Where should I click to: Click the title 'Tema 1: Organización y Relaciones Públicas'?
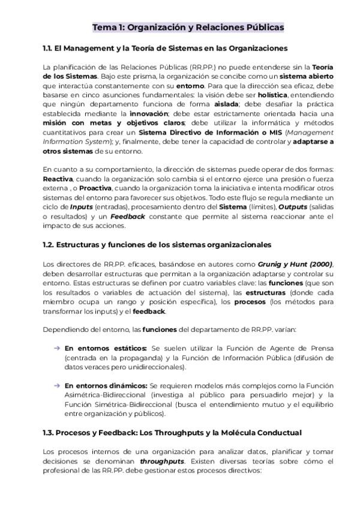(x=188, y=28)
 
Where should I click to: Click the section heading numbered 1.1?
(x=165, y=48)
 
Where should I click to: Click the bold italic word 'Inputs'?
(x=80, y=207)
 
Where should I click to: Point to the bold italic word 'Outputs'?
(x=293, y=207)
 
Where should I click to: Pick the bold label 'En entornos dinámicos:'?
(x=106, y=385)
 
